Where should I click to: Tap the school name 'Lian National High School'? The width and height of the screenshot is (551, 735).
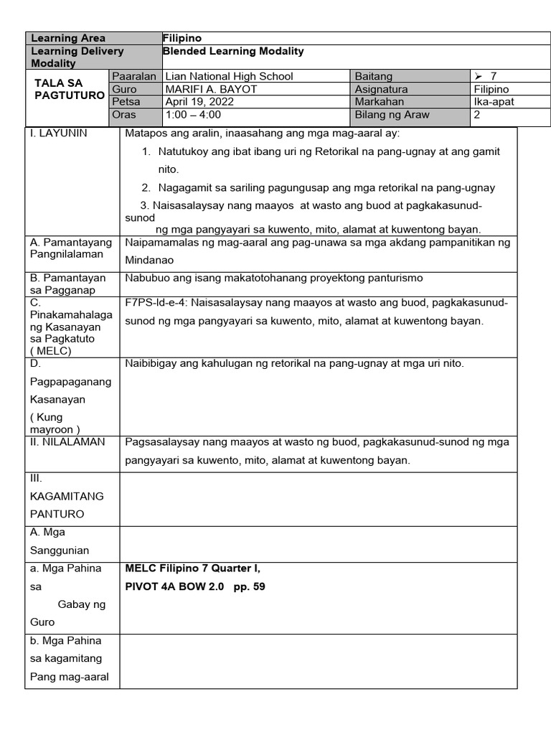click(229, 76)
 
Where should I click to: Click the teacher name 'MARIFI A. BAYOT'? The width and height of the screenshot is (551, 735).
click(211, 89)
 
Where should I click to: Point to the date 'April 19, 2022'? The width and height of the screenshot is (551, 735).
click(199, 102)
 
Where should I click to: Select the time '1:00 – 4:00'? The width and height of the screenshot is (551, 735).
click(193, 115)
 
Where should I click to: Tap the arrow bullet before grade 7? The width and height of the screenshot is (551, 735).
click(479, 76)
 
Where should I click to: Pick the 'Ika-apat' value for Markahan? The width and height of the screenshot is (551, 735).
click(494, 102)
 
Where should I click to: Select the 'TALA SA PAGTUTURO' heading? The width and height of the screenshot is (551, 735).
click(70, 89)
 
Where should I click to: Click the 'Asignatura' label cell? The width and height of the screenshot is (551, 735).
click(381, 89)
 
